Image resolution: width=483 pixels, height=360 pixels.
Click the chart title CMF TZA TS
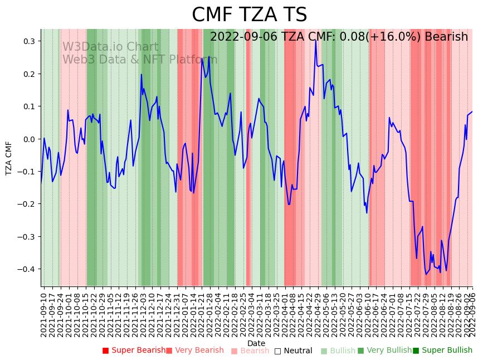[x=249, y=15]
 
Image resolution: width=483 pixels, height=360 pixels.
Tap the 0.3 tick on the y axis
[x=28, y=41]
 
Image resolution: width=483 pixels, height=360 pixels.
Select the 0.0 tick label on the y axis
[x=28, y=139]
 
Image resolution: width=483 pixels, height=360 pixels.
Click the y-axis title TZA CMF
[x=9, y=158]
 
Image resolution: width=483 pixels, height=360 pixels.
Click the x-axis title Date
[x=256, y=343]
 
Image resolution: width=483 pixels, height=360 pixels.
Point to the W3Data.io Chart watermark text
[x=110, y=47]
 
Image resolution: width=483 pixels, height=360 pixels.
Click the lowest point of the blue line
[x=426, y=274]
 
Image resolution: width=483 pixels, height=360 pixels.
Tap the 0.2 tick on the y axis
[x=28, y=74]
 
